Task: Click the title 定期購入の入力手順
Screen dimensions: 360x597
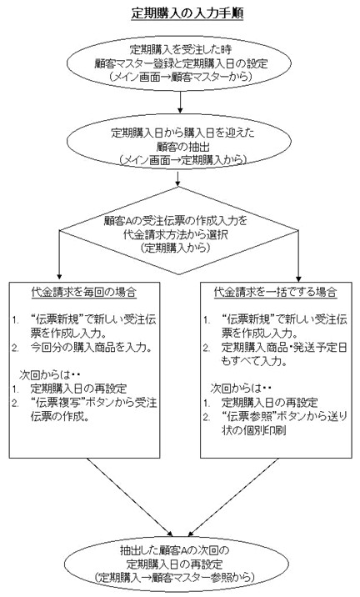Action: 187,13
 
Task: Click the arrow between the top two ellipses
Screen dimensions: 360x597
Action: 180,102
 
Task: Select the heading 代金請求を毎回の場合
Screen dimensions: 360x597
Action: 83,293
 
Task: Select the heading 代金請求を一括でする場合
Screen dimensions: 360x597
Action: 276,293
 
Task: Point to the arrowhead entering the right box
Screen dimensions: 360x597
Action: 298,278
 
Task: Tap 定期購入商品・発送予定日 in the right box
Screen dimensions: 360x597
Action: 285,347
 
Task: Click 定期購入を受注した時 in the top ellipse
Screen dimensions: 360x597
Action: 181,50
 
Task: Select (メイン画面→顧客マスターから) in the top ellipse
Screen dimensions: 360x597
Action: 180,78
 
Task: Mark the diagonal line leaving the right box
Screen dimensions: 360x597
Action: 233,496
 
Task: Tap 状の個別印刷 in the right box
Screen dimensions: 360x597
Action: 254,430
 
